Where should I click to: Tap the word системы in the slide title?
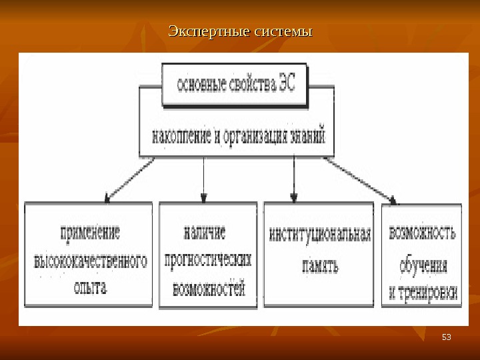pyautogui.click(x=280, y=31)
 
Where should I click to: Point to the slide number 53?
pyautogui.click(x=447, y=337)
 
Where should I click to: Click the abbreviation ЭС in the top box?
pyautogui.click(x=289, y=85)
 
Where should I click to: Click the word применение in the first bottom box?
pyautogui.click(x=90, y=233)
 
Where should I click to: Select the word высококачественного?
pyautogui.click(x=90, y=260)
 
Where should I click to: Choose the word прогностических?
pyautogui.click(x=207, y=260)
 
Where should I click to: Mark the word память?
pyautogui.click(x=319, y=267)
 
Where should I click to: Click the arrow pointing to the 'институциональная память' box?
pyautogui.click(x=294, y=177)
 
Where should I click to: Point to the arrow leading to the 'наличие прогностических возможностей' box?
pyautogui.click(x=204, y=177)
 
